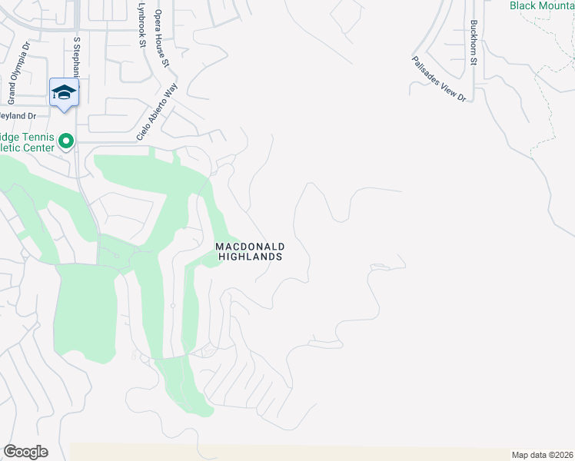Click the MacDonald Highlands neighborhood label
(250, 251)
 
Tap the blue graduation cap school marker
(64, 94)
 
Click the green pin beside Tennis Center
(66, 141)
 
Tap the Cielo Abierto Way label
(158, 111)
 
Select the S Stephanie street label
(76, 55)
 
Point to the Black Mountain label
(541, 5)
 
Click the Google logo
(25, 452)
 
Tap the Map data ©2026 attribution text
(542, 455)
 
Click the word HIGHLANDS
(250, 257)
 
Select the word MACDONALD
(250, 246)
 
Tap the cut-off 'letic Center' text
(27, 148)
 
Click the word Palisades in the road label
(427, 70)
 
